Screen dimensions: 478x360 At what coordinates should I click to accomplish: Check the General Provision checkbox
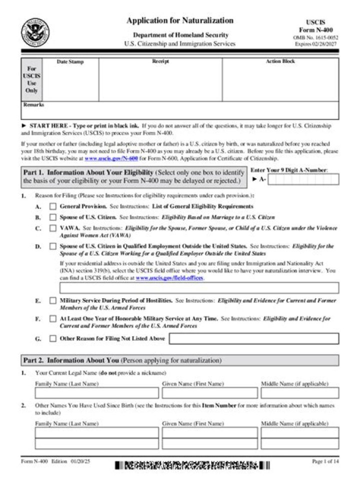(x=53, y=206)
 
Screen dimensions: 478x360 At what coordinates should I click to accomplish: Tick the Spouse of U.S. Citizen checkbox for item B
(x=53, y=217)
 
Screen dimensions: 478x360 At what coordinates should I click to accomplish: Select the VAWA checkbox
(x=53, y=228)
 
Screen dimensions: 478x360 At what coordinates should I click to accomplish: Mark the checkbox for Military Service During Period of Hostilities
(x=53, y=301)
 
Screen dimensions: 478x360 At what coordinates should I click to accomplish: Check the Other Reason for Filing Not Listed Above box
(x=53, y=339)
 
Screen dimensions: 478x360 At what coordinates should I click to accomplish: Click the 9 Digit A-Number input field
(x=303, y=179)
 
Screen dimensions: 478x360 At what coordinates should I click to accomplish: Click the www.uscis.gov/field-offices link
(x=169, y=277)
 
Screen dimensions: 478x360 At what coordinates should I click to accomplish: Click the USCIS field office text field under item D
(x=199, y=288)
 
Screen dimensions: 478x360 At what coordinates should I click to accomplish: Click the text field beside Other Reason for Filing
(x=253, y=339)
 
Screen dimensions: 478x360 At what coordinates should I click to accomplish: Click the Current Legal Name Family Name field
(x=96, y=393)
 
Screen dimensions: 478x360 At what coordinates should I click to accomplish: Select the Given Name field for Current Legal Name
(x=209, y=393)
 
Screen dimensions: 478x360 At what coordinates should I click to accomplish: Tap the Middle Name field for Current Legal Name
(x=299, y=393)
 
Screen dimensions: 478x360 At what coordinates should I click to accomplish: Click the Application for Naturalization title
(x=179, y=20)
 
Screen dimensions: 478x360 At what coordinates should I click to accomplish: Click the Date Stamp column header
(x=70, y=62)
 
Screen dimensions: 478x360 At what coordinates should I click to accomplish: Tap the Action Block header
(x=280, y=61)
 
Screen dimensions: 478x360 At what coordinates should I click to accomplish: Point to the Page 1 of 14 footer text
(x=324, y=462)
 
